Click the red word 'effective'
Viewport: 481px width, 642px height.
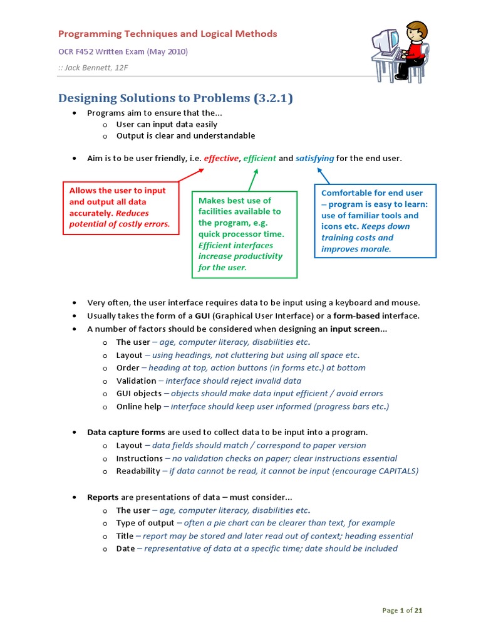coord(221,159)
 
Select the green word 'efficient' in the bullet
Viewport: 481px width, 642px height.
coord(259,159)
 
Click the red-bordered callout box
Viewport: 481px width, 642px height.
coord(121,208)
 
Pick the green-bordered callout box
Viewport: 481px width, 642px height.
coord(244,234)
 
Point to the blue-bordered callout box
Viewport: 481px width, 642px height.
coord(375,221)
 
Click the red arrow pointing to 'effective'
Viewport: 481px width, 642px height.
coord(195,172)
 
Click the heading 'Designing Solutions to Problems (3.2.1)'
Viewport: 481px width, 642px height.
coord(175,98)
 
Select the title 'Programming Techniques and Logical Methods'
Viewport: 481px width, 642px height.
coord(167,34)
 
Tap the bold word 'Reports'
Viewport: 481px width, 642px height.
coord(102,497)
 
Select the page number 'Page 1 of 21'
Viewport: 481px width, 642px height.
coord(406,611)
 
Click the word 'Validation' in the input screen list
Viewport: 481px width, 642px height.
coord(136,381)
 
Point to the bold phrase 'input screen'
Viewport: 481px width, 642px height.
coord(354,329)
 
